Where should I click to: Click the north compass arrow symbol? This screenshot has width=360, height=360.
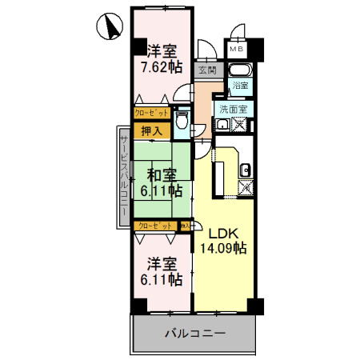point(108,29)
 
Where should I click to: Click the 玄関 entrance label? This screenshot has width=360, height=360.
point(207,70)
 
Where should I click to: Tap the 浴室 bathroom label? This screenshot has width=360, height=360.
point(240,84)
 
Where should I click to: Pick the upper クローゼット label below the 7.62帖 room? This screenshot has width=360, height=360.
point(151,114)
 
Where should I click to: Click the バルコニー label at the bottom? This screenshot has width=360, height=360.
point(196,332)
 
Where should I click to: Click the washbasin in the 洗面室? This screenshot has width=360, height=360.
point(222,125)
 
